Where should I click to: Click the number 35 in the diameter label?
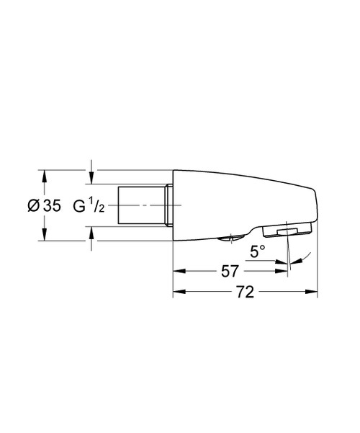click(x=52, y=205)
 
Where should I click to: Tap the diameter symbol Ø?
click(x=33, y=205)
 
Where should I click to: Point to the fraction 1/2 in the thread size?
click(x=99, y=206)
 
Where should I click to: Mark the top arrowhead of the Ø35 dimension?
click(x=45, y=174)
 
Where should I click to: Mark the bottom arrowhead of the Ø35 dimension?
click(x=45, y=237)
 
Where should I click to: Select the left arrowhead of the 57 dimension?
click(x=177, y=271)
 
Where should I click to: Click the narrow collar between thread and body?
click(x=170, y=205)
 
